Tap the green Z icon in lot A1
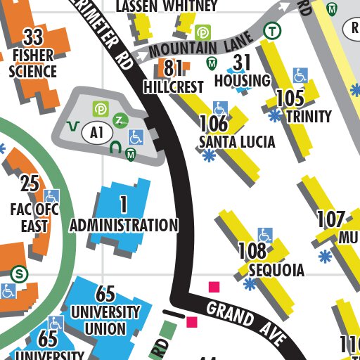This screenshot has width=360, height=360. tap(120, 120)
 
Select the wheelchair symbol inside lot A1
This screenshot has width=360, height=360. tap(136, 137)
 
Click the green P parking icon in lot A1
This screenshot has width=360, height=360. tap(101, 108)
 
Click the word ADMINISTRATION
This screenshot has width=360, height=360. tap(124, 226)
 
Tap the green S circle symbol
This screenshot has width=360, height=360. tap(20, 273)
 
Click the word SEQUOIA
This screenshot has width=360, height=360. tap(276, 271)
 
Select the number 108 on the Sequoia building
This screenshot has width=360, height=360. tap(252, 251)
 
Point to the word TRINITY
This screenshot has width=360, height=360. tap(309, 116)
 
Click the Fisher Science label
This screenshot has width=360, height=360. tap(33, 63)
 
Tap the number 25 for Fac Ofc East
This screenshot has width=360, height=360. tap(30, 184)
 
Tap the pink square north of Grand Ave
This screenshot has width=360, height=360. tap(214, 286)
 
